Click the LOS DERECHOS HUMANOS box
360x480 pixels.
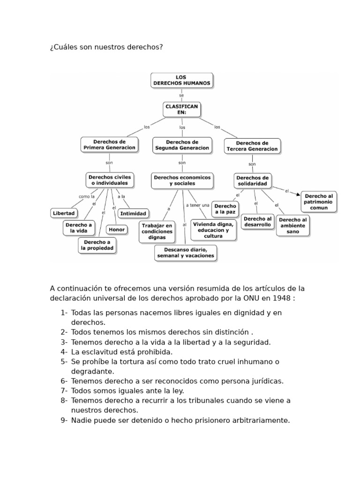click(182, 80)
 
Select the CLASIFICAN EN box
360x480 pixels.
click(182, 110)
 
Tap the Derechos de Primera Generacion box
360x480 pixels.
click(110, 144)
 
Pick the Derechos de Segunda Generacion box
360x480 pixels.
click(182, 145)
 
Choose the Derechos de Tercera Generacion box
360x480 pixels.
click(252, 146)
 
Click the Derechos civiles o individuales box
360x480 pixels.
click(110, 180)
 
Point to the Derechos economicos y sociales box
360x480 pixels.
click(182, 180)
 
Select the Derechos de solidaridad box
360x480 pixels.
click(252, 181)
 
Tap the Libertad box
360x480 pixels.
click(64, 213)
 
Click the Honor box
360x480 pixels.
click(117, 230)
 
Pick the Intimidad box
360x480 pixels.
click(133, 213)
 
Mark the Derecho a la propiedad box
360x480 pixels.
click(97, 245)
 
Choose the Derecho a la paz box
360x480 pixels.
click(225, 209)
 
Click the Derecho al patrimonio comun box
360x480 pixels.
click(319, 202)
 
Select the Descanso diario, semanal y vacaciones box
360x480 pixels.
click(186, 253)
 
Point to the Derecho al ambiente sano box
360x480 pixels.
click(292, 225)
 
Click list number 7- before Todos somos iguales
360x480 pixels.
click(64, 390)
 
